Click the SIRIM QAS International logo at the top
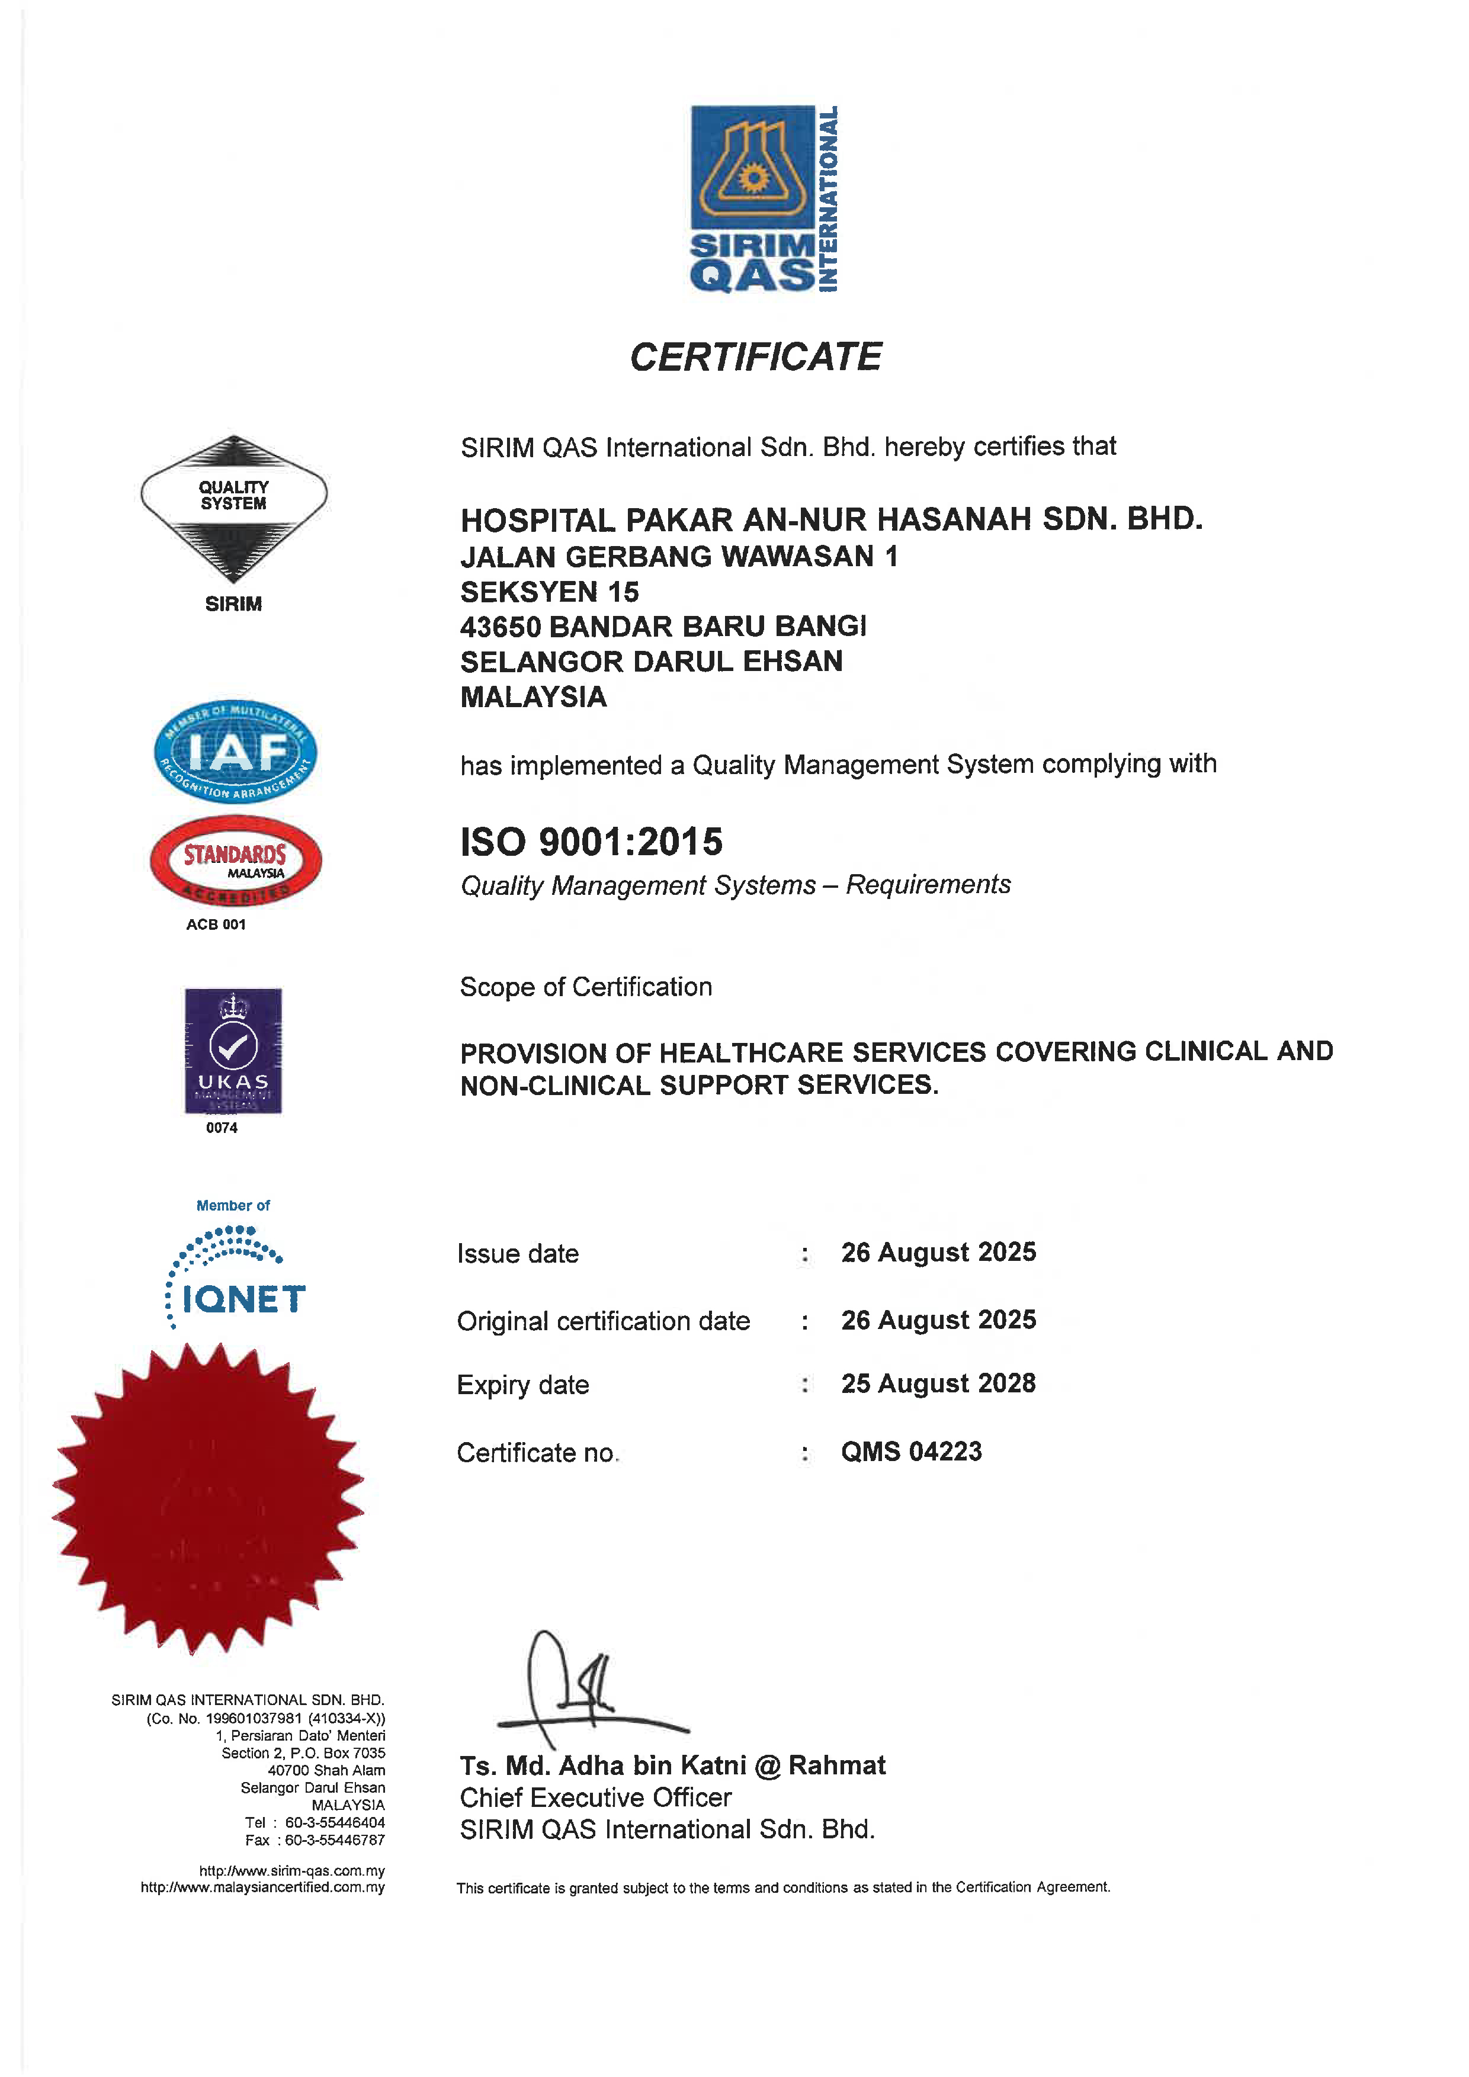click(764, 199)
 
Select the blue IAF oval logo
click(235, 752)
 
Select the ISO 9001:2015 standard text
click(592, 842)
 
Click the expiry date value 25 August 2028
click(938, 1383)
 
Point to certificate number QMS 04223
click(911, 1451)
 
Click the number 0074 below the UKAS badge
click(222, 1128)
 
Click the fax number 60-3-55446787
click(335, 1840)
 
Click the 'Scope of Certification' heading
click(586, 987)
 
